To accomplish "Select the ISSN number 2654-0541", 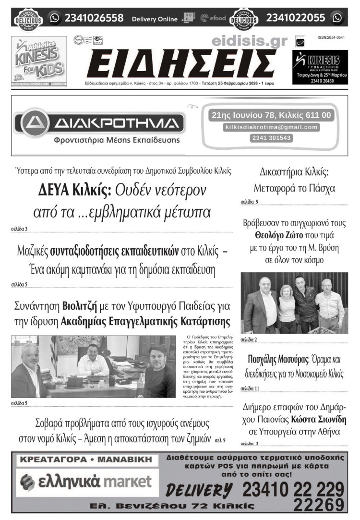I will click(331, 37).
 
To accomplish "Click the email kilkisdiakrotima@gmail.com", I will click(271, 127).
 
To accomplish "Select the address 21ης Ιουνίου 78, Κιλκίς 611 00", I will click(271, 115).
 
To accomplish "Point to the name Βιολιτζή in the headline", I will click(80, 305).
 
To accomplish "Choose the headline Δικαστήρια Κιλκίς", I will click(294, 171).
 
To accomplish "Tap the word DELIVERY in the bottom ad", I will click(199, 490).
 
